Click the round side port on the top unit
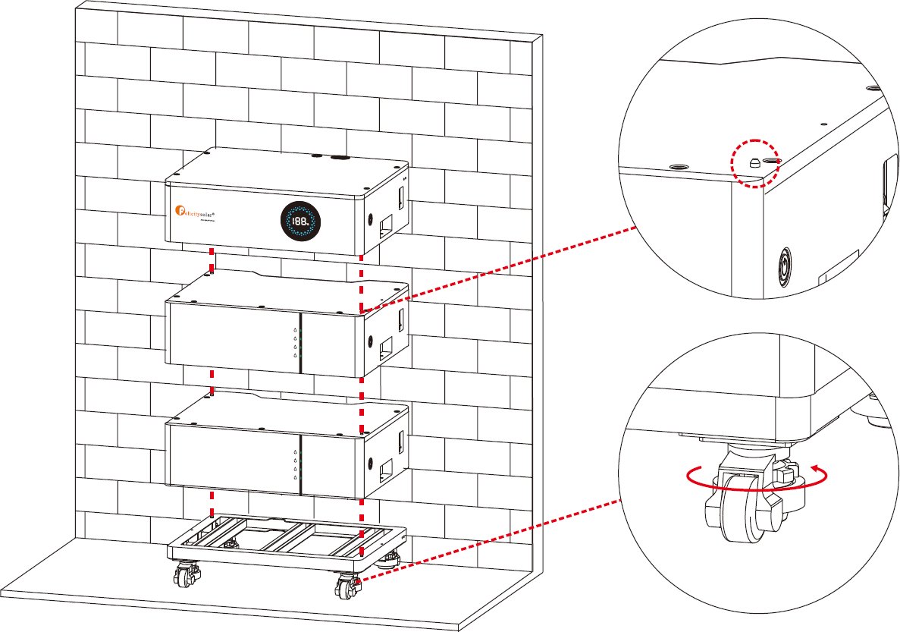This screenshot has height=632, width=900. (x=371, y=217)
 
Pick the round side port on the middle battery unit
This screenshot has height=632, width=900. (x=371, y=341)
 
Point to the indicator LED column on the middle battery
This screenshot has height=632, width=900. (x=295, y=343)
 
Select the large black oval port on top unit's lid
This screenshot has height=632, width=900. (x=337, y=159)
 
